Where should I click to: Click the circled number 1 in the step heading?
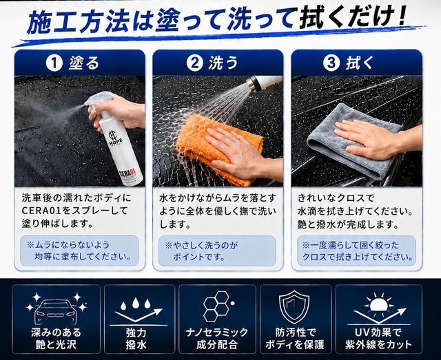[x=54, y=63]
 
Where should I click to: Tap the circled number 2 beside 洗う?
[x=194, y=63]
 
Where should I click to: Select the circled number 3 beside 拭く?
[x=331, y=63]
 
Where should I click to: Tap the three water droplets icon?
[x=135, y=304]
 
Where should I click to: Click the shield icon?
[x=294, y=307]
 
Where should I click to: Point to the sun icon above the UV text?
[x=378, y=303]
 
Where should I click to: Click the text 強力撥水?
[x=136, y=339]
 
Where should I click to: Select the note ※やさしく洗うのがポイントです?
[x=201, y=251]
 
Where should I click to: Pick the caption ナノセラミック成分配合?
[x=217, y=339]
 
